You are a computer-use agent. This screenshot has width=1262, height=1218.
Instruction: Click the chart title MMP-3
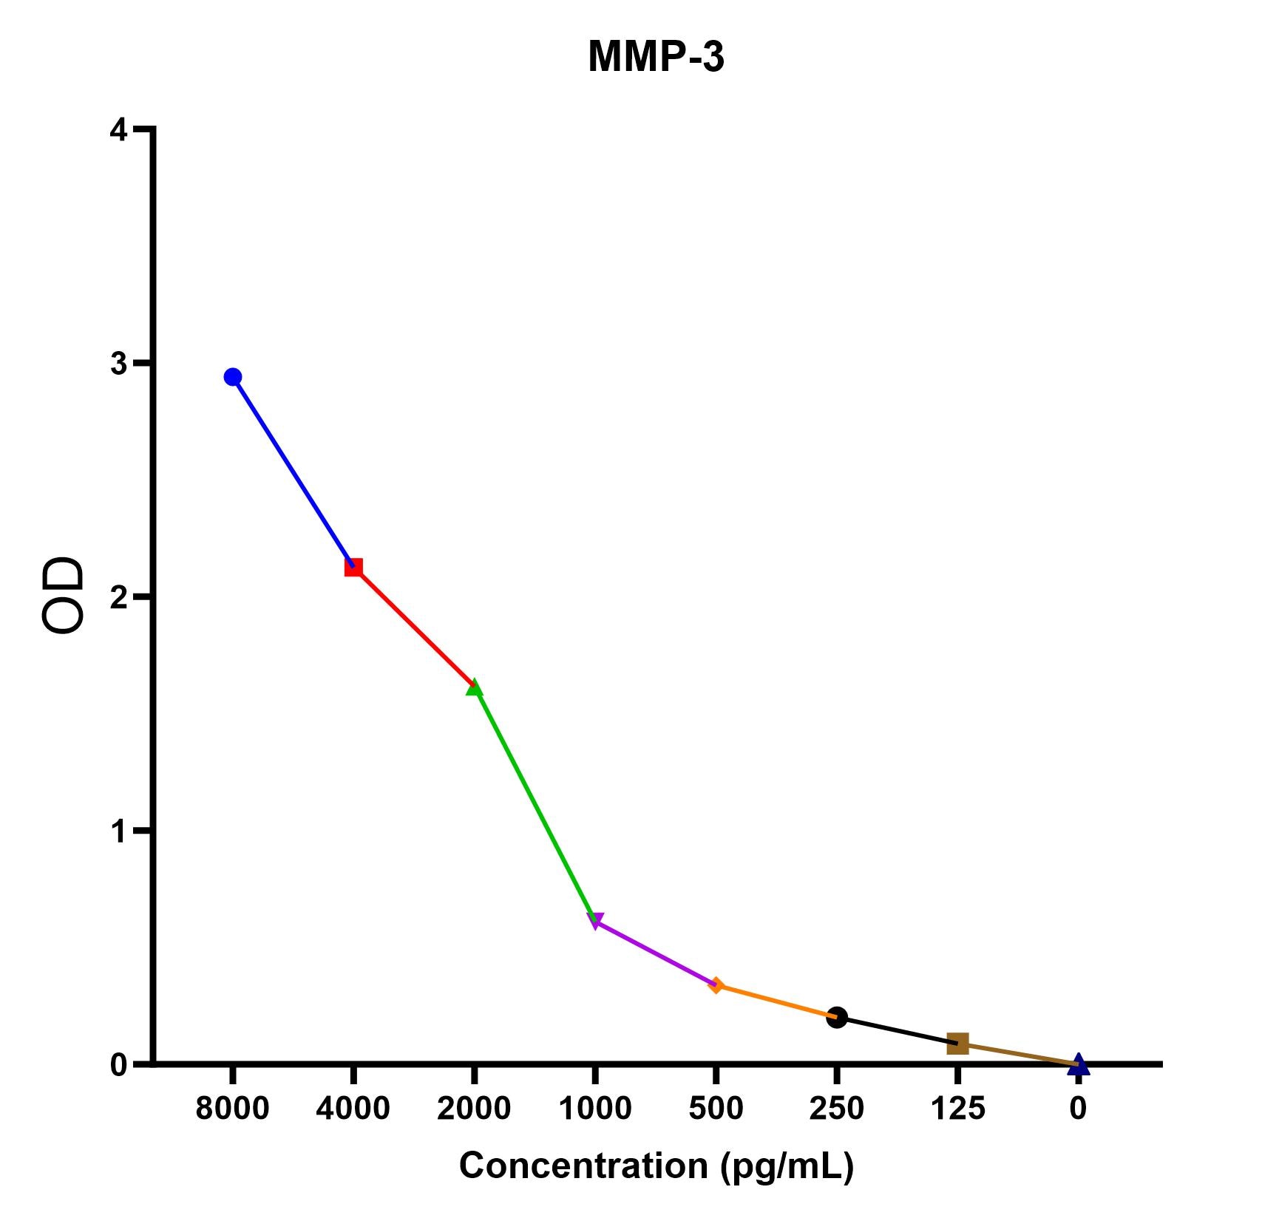tap(656, 57)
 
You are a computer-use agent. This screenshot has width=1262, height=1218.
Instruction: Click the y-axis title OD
tap(63, 596)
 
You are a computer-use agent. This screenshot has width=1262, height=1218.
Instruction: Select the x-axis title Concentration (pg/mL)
tap(657, 1166)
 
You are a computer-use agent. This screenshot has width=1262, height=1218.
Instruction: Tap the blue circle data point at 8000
tap(233, 377)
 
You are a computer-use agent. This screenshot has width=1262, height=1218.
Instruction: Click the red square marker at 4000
tap(353, 568)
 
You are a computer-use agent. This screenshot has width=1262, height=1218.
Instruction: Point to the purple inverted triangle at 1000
tap(595, 921)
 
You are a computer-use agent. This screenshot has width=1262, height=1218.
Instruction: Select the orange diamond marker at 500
tap(716, 985)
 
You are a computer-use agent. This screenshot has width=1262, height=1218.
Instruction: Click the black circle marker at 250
tap(837, 1017)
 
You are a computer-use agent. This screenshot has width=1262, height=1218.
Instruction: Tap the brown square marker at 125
tap(957, 1044)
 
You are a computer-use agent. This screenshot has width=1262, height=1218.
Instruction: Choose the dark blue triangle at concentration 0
tap(1078, 1064)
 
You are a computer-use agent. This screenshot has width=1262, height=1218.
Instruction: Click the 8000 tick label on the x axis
tap(232, 1109)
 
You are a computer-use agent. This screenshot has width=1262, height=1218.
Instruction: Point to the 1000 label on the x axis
tap(595, 1109)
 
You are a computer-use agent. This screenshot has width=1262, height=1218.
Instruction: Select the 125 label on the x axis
tap(957, 1109)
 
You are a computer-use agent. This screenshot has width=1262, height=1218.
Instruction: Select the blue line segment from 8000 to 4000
tap(294, 472)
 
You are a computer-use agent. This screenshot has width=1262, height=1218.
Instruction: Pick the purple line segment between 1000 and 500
tap(656, 953)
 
